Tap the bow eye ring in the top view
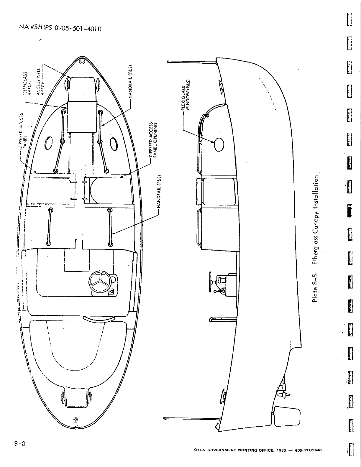click(82, 62)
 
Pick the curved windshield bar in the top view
click(98, 319)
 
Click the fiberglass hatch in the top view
click(82, 116)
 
